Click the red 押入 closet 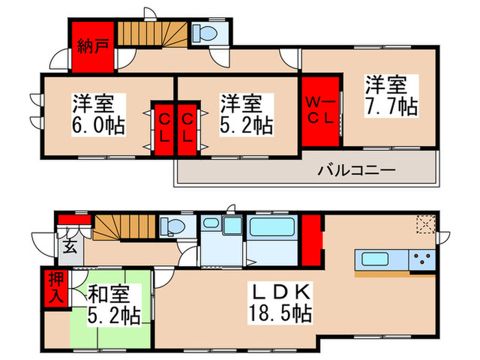(56, 287)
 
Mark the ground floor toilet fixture (169, 226)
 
